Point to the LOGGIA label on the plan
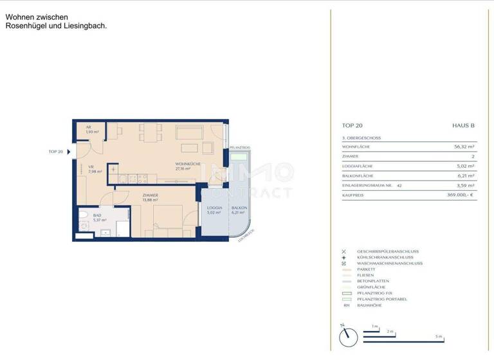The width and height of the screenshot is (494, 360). click(214, 209)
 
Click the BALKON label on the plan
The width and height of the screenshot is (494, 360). click(239, 209)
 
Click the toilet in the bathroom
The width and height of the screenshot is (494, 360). click(83, 217)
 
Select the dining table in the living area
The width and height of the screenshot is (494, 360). click(150, 133)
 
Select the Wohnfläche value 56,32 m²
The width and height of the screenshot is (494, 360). click(463, 147)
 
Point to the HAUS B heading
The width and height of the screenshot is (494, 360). click(463, 126)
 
